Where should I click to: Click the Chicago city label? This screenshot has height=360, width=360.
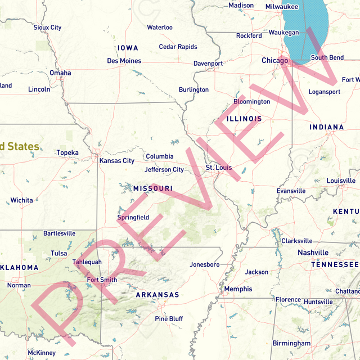click(x=274, y=60)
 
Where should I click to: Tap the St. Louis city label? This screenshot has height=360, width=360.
click(x=218, y=168)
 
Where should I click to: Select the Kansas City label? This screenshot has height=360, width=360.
click(x=117, y=161)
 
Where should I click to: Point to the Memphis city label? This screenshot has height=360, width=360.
click(x=238, y=289)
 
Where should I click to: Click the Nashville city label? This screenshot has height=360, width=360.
click(x=313, y=253)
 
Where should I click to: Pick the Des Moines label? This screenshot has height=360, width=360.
click(x=124, y=61)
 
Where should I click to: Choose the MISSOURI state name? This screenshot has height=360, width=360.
click(x=152, y=188)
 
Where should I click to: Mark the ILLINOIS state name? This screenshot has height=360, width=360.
click(x=244, y=119)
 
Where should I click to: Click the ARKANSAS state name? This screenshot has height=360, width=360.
click(x=157, y=295)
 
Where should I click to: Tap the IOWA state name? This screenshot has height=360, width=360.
click(x=128, y=48)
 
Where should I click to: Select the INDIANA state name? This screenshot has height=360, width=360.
click(x=326, y=128)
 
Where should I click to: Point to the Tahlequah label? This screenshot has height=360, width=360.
click(x=87, y=262)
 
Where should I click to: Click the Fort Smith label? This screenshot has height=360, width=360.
click(x=102, y=280)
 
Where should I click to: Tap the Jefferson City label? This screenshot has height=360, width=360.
click(x=164, y=169)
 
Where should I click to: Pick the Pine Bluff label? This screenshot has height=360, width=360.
click(x=169, y=319)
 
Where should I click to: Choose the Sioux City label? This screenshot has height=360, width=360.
click(x=47, y=28)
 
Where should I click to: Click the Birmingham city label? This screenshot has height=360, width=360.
click(x=291, y=343)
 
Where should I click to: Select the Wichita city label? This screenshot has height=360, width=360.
click(x=21, y=200)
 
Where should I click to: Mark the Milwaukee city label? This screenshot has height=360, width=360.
click(x=281, y=7)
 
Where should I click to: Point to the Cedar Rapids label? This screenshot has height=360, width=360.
click(x=178, y=47)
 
